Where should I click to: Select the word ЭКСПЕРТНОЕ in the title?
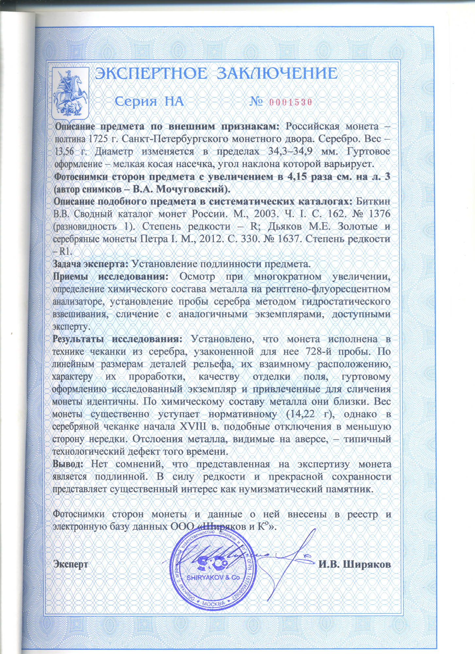(151, 74)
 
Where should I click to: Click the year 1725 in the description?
(96, 139)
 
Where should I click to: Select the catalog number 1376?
(379, 214)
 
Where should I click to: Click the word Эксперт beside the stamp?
(71, 564)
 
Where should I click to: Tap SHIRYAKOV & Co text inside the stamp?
(213, 577)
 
